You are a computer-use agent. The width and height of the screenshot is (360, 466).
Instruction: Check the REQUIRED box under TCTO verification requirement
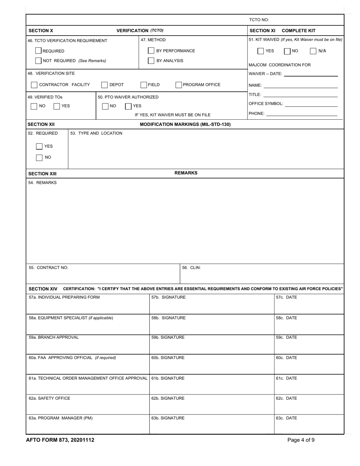(x=38, y=51)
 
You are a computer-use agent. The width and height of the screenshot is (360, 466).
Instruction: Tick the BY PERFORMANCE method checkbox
(x=151, y=51)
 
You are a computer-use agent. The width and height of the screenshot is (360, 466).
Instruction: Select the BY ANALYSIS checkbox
(x=151, y=61)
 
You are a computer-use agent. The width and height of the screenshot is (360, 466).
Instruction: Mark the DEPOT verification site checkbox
(x=105, y=85)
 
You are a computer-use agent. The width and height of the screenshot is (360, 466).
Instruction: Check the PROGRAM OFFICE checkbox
(x=178, y=85)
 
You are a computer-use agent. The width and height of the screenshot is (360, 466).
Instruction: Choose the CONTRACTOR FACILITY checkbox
(x=34, y=85)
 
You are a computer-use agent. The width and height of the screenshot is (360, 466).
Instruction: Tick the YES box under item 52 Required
(x=39, y=146)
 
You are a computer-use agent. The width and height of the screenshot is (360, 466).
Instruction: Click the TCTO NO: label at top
(x=259, y=20)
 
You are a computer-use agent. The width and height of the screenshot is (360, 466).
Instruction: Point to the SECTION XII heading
(x=41, y=124)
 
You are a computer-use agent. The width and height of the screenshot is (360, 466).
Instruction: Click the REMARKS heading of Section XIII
(x=186, y=173)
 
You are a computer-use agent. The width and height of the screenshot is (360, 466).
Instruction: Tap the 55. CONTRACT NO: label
(x=49, y=268)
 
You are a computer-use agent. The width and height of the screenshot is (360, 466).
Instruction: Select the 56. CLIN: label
(x=191, y=268)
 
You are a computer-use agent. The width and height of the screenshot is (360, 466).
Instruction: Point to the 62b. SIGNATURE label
(x=168, y=398)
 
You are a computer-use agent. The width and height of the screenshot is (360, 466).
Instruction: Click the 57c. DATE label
(x=286, y=297)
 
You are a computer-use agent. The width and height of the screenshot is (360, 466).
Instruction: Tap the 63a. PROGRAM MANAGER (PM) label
(x=61, y=418)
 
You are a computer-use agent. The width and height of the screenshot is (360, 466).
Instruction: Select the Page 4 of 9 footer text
(x=301, y=440)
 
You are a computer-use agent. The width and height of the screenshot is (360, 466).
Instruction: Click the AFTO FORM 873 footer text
(x=60, y=440)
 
